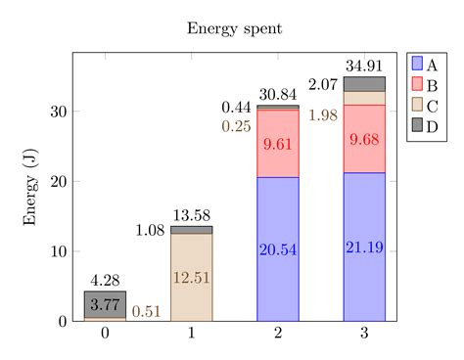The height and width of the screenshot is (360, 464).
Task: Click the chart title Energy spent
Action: click(235, 28)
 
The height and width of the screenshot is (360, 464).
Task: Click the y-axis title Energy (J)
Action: click(31, 187)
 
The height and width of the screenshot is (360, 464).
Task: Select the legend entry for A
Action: click(427, 64)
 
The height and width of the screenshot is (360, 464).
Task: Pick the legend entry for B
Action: click(427, 84)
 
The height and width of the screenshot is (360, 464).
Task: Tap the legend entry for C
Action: click(427, 105)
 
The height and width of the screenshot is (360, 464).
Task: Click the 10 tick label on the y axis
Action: click(60, 251)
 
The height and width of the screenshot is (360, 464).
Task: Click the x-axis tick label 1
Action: click(191, 334)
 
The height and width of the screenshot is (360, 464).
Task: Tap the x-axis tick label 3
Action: click(364, 334)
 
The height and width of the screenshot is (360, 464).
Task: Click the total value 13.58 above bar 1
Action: click(191, 215)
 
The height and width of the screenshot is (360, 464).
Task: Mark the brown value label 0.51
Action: click(147, 312)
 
